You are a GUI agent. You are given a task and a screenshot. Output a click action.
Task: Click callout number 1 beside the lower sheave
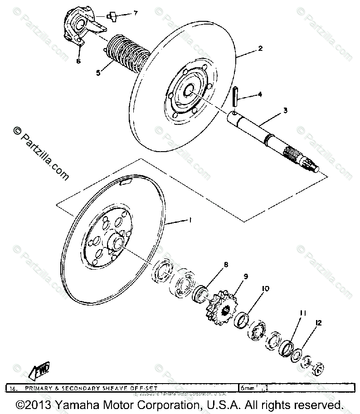[x=190, y=220]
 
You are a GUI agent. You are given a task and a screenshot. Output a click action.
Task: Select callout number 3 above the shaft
[x=285, y=110]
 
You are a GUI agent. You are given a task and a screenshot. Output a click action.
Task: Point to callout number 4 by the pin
[x=260, y=94]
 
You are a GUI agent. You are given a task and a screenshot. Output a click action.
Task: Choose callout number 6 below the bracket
[x=78, y=61]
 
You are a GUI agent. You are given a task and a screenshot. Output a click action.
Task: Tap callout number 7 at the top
[x=135, y=13]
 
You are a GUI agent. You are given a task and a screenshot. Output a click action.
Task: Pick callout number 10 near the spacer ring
[x=265, y=288]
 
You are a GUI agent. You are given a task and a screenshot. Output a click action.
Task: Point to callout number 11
[x=302, y=313]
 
